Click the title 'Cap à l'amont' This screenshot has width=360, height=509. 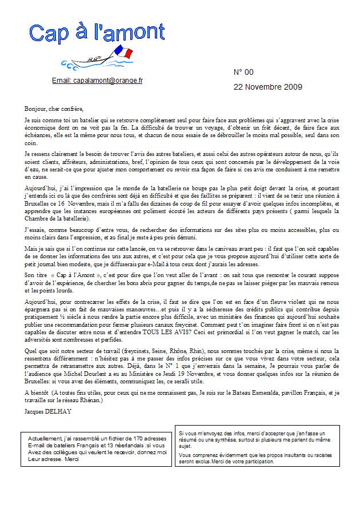tap(97, 34)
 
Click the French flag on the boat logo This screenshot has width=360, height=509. tap(123, 53)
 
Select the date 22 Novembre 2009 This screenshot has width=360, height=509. tap(268, 87)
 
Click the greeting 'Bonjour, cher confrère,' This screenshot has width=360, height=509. tap(54, 109)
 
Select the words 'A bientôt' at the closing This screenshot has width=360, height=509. tap(37, 393)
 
